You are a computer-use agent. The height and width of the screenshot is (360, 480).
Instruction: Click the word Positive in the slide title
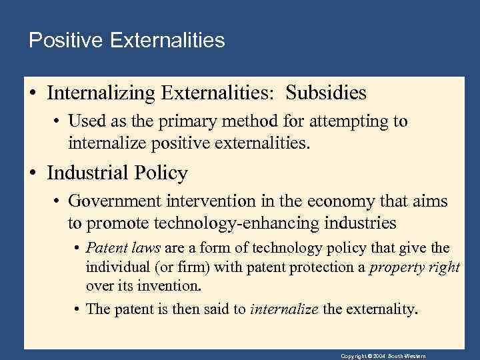(x=63, y=41)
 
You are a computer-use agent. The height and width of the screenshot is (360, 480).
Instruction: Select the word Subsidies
(x=326, y=92)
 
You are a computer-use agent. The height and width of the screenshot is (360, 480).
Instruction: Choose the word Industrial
(x=92, y=173)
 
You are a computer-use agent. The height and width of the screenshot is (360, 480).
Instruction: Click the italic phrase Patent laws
(x=123, y=249)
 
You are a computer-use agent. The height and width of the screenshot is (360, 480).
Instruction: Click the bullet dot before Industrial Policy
(x=33, y=173)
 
